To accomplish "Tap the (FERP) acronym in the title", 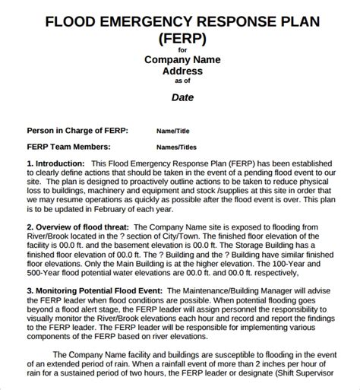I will pos(180,38).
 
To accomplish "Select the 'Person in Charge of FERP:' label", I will pos(77,130).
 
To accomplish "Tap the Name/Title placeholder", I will pos(175,131).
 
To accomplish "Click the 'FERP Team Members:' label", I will pos(68,147).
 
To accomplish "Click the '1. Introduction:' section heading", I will pos(55,163).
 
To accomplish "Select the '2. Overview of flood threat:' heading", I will pos(77,227).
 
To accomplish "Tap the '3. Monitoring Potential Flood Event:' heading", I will pos(96,290).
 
